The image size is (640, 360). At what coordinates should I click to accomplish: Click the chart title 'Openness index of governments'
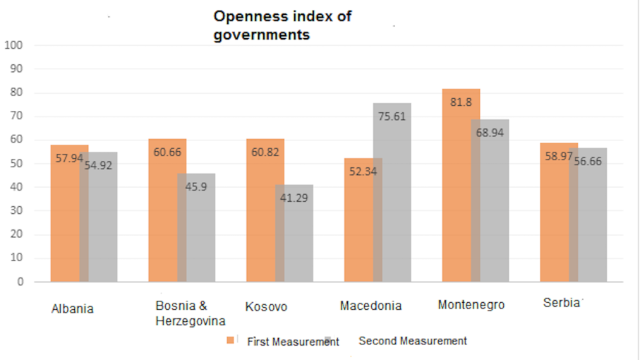[x=282, y=25]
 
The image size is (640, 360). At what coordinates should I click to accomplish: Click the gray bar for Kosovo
[x=295, y=240]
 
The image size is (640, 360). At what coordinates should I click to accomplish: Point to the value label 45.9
[x=196, y=187]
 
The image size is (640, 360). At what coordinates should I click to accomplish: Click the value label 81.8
[x=460, y=102]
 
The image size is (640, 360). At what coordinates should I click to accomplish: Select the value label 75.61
[x=392, y=116]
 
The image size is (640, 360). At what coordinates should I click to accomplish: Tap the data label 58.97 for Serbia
[x=557, y=155]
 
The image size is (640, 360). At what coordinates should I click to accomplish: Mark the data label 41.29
[x=294, y=198]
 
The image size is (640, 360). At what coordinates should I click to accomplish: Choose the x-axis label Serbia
[x=561, y=303]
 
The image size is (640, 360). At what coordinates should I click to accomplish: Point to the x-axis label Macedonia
[x=370, y=306]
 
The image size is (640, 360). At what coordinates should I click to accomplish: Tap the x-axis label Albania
[x=73, y=308]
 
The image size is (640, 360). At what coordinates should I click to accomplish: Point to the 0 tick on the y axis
[x=20, y=282]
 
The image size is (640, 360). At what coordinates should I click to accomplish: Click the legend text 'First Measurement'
[x=292, y=342]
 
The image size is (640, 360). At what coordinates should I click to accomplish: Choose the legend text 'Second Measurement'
[x=413, y=341]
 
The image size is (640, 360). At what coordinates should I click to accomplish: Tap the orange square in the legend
[x=231, y=341]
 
